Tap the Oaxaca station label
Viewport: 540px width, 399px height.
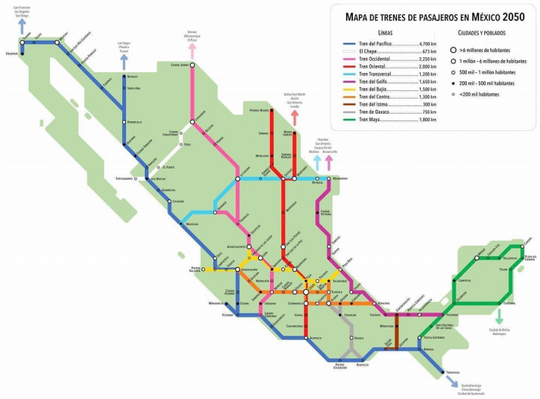tap(359, 338)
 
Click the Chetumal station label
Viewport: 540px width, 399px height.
tap(510, 303)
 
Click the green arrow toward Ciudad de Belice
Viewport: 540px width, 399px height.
tap(499, 314)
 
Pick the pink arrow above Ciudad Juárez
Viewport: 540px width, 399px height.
tap(193, 50)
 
